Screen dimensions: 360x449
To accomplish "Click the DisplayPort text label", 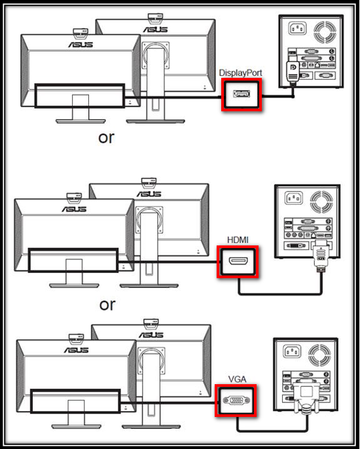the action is coord(241,73).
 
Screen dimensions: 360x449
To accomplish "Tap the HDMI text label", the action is coord(238,240).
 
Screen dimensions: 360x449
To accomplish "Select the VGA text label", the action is coord(237,379).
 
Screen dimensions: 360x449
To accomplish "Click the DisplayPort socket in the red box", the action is coord(242,94).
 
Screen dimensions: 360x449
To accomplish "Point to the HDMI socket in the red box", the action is coord(238,261).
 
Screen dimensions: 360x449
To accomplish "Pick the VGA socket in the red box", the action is coord(236,401).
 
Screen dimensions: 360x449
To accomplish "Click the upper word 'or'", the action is coord(106,138).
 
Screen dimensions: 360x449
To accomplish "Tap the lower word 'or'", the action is coord(107,305).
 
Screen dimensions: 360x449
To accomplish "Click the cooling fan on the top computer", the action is coord(325,32).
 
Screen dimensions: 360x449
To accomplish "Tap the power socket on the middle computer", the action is coord(293,198).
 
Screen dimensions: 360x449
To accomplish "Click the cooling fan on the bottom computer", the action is coord(319,355).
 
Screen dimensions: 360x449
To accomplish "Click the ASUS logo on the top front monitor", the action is coord(81,45).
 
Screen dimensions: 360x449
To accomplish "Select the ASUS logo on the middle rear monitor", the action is coord(149,194).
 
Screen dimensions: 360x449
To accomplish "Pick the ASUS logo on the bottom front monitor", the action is coord(77,350).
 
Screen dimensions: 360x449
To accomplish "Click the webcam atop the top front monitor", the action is coord(81,33).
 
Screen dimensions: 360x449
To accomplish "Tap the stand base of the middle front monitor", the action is coord(74,285).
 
